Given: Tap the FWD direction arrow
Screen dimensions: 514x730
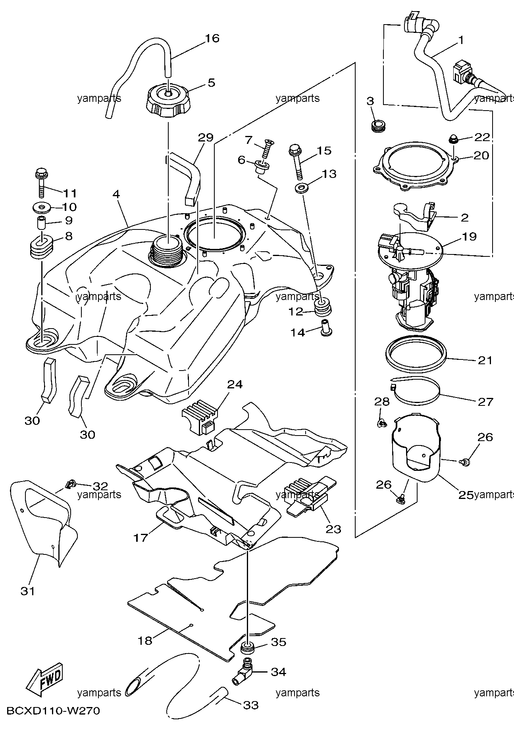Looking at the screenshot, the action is click(x=43, y=680).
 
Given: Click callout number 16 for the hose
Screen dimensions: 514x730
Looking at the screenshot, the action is click(x=212, y=38).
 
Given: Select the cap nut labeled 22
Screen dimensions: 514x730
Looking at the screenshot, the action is click(x=453, y=139).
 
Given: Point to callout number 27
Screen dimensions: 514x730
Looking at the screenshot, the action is click(x=485, y=401).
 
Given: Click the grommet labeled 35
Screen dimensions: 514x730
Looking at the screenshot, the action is click(x=247, y=650).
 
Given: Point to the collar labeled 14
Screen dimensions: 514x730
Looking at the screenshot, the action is click(x=327, y=328).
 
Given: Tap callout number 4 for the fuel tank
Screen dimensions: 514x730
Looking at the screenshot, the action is click(x=116, y=194).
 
